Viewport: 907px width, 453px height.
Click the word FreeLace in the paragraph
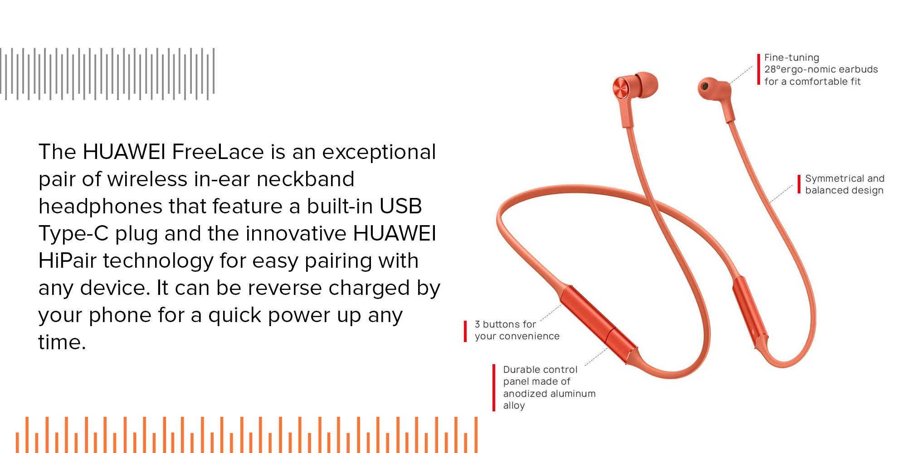218,152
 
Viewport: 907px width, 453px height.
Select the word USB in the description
400,206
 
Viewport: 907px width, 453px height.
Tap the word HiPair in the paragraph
68,260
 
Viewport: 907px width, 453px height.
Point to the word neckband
305,179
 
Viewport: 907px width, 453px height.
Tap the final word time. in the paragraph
62,342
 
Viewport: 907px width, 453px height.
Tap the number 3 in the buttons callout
477,324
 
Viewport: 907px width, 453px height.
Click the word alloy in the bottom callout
514,405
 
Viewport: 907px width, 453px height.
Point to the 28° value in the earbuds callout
772,69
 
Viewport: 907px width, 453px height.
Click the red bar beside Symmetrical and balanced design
799,184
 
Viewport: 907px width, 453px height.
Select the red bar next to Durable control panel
494,388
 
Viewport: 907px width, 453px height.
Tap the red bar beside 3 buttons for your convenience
465,331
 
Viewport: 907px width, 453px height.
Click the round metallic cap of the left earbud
621,88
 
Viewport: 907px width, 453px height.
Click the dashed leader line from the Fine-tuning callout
741,75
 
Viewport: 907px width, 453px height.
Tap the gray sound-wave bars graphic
107,74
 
